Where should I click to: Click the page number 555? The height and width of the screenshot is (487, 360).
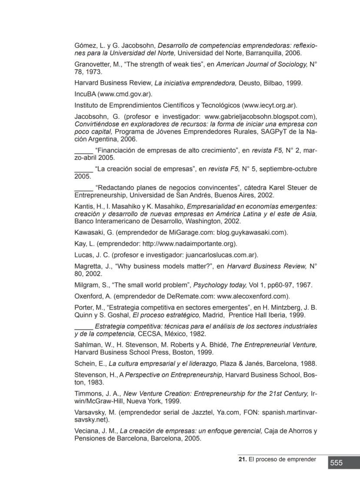click(x=336, y=463)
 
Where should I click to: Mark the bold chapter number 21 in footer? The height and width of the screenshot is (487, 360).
click(x=242, y=459)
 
